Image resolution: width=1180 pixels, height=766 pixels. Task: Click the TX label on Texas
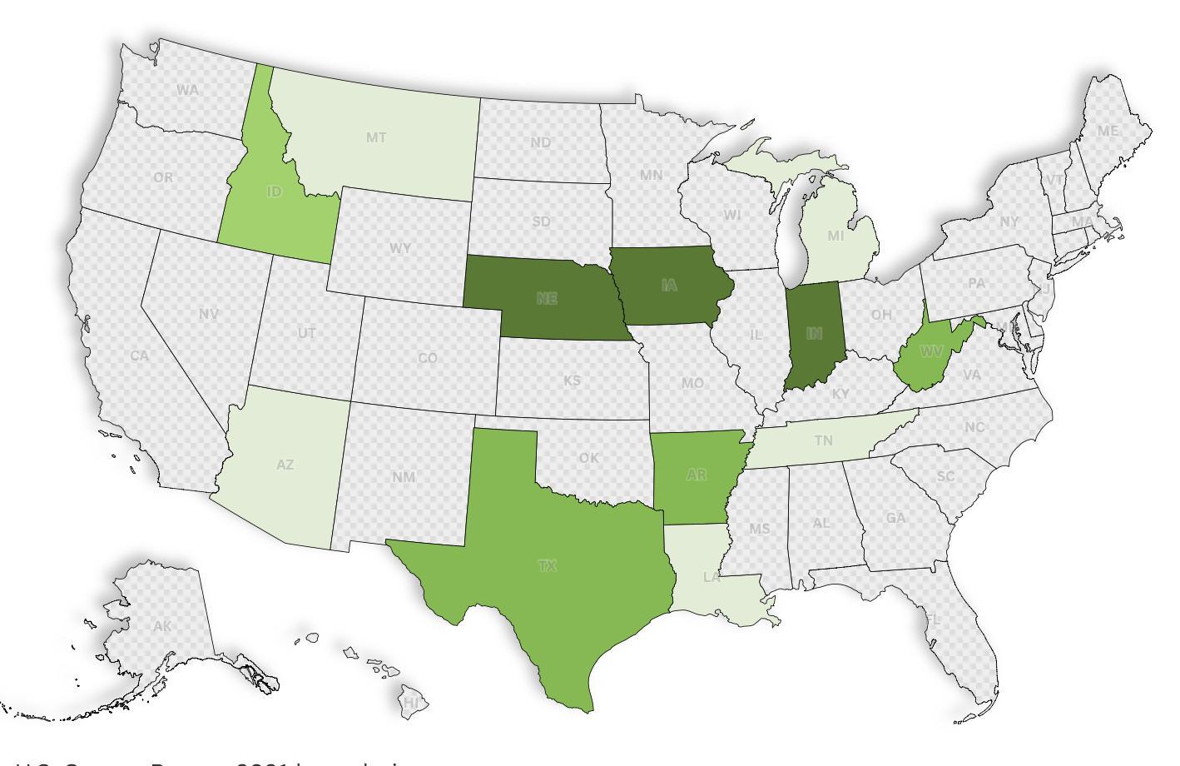[x=547, y=566]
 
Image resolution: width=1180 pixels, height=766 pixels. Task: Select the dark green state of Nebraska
[x=547, y=299]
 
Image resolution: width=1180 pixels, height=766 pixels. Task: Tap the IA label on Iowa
[x=669, y=286]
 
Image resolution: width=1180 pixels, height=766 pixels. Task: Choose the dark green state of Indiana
[x=814, y=334]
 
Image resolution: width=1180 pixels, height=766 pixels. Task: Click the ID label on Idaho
[x=274, y=191]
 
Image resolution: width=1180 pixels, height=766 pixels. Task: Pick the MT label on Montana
[x=376, y=137]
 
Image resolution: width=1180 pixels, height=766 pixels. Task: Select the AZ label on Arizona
[x=285, y=465]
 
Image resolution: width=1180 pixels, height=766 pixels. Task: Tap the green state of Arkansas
[x=697, y=475]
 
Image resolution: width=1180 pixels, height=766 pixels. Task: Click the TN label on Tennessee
[x=823, y=440]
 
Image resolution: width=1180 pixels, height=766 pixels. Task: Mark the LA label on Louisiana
[x=711, y=577]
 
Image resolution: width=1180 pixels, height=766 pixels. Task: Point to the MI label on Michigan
[x=835, y=236]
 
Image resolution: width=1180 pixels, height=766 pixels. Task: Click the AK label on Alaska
[x=162, y=626]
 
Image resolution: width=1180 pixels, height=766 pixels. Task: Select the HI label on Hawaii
[x=412, y=703]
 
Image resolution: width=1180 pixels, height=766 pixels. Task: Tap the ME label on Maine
[x=1107, y=131]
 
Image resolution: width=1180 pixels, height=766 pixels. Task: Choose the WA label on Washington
[x=187, y=90]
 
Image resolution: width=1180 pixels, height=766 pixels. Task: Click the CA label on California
[x=139, y=356]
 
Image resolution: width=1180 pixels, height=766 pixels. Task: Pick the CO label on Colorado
[x=428, y=358]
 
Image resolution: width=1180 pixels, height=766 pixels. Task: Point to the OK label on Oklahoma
[x=588, y=458]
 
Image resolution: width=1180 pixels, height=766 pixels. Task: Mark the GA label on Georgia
[x=895, y=518]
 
